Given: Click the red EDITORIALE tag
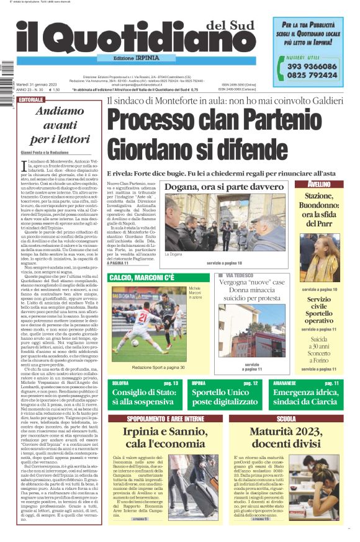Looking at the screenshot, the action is pos(31,100).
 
